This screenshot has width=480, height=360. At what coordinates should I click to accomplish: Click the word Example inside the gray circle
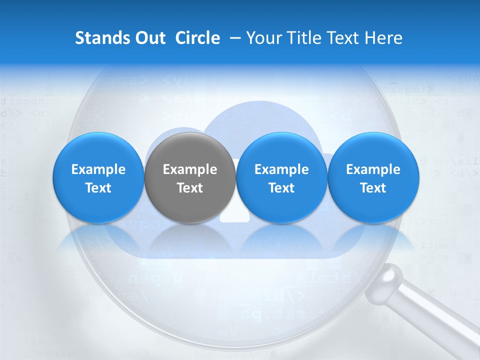(x=190, y=169)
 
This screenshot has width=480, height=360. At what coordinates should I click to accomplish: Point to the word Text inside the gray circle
(x=190, y=188)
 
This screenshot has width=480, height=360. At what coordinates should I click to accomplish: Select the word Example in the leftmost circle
(x=98, y=169)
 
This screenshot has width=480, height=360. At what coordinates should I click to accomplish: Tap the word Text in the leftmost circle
(x=98, y=188)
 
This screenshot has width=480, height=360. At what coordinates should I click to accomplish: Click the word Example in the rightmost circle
(x=373, y=169)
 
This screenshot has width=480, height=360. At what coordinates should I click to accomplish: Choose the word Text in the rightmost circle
(x=373, y=188)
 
